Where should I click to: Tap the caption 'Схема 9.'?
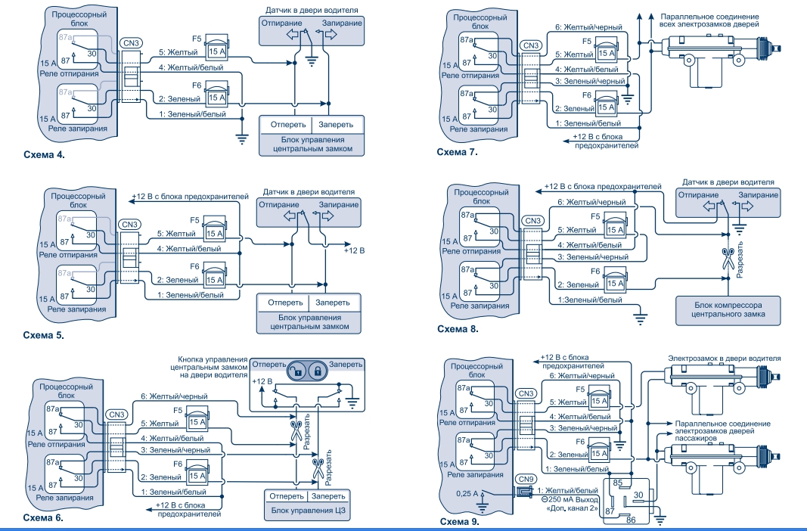[x=458, y=521]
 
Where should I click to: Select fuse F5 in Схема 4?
[x=217, y=49]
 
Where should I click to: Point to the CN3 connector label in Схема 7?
[x=532, y=45]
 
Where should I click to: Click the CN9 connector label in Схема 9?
[x=526, y=479]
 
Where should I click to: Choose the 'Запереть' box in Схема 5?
[x=334, y=303]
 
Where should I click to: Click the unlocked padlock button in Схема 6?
[x=298, y=371]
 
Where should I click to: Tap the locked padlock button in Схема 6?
[x=319, y=371]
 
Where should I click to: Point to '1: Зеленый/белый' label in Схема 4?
[x=191, y=114]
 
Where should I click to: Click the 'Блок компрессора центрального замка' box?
[x=728, y=310]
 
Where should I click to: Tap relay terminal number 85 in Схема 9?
[x=617, y=482]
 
